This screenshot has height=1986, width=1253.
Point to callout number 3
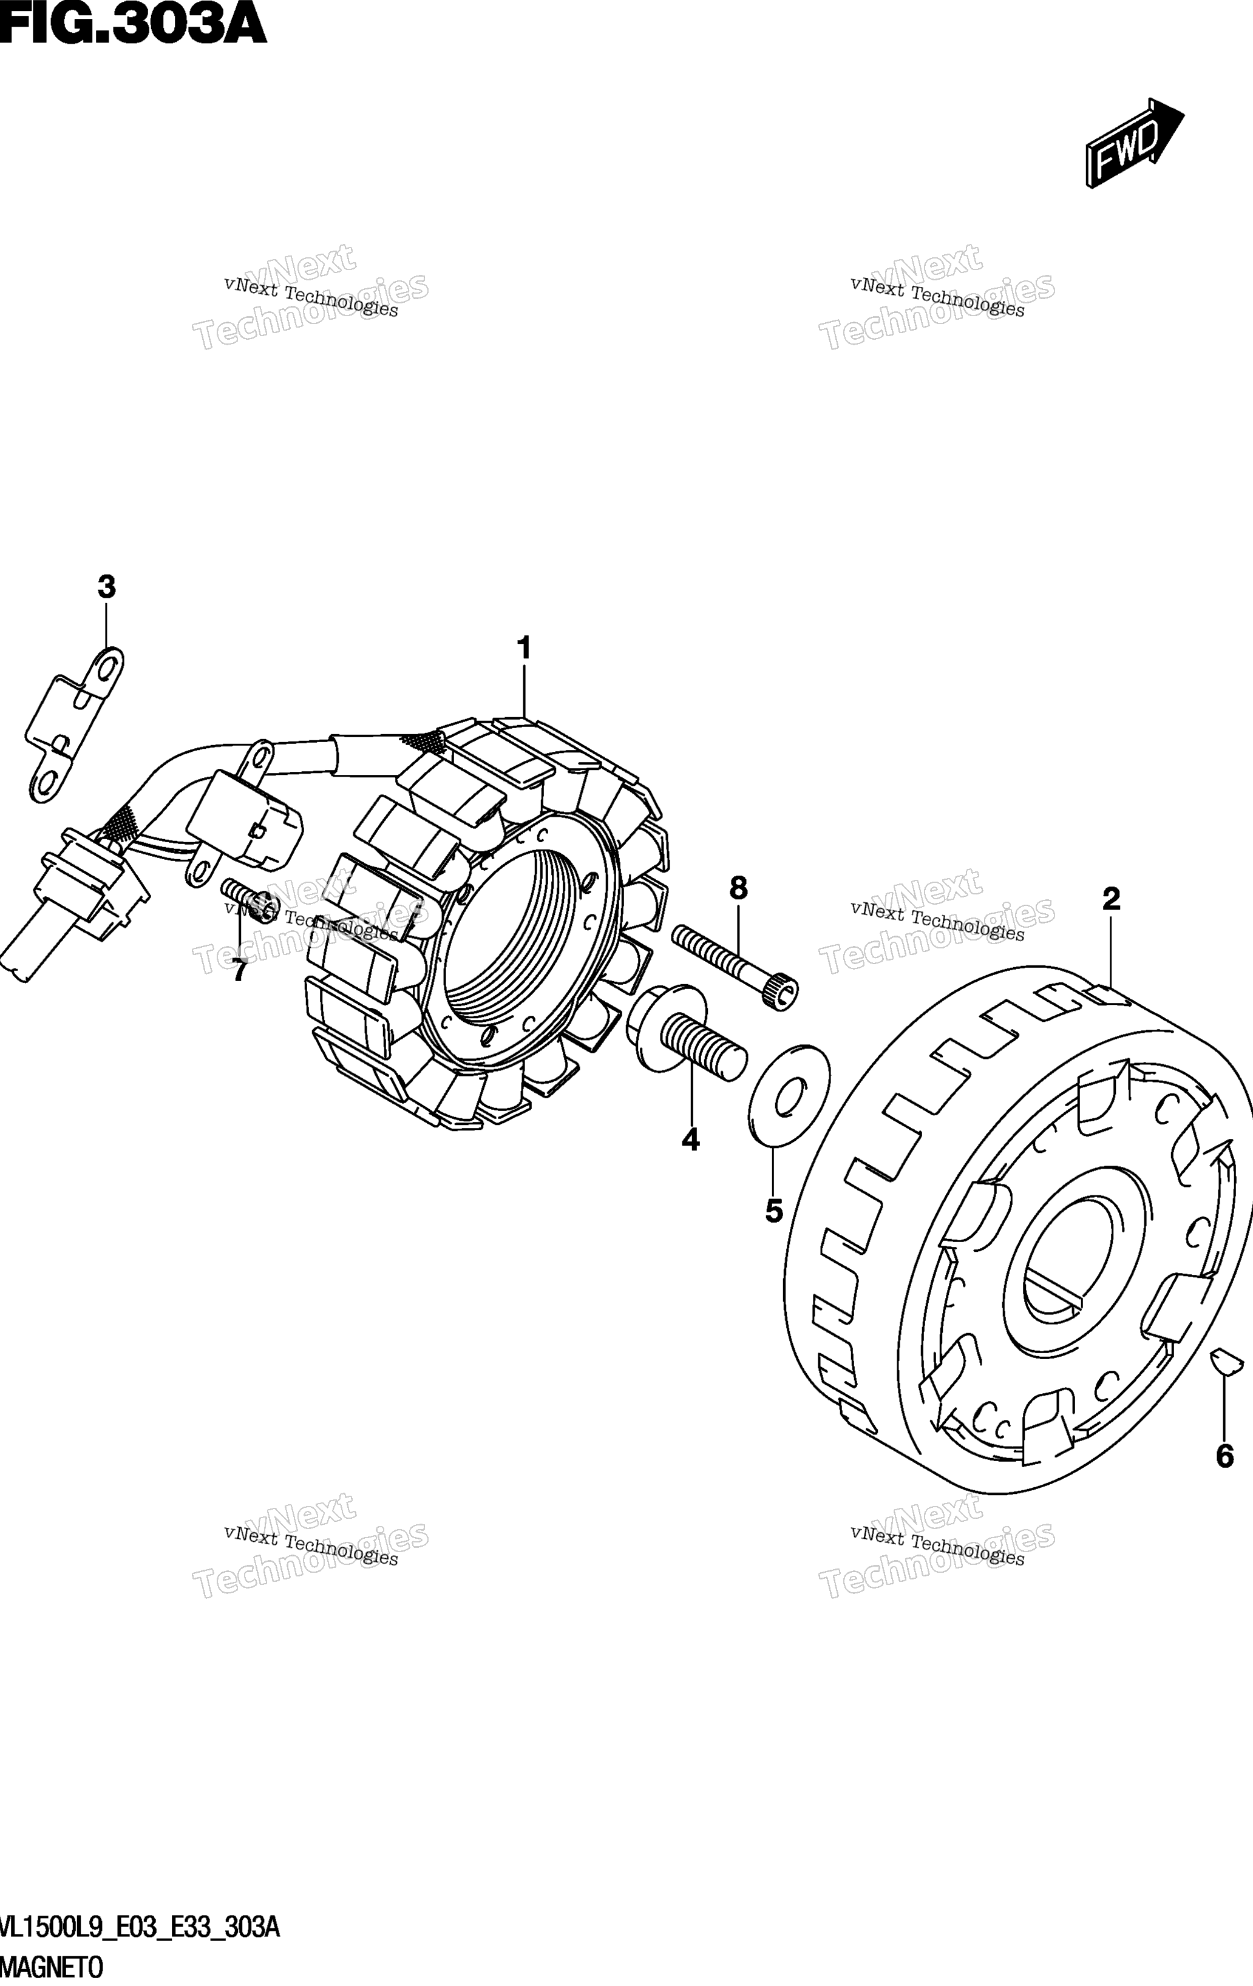[x=106, y=587]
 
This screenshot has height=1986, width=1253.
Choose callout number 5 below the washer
[x=773, y=1211]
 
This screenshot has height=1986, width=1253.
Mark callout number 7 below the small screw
[x=239, y=971]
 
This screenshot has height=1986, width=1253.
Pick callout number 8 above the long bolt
[x=738, y=888]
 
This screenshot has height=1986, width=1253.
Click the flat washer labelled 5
[x=789, y=1095]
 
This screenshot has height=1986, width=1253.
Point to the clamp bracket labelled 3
[x=74, y=725]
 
